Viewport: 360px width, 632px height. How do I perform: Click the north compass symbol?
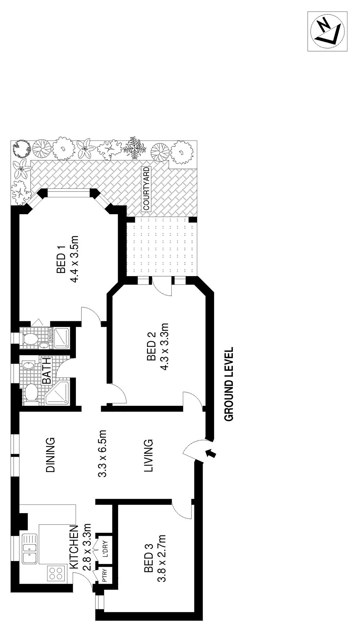point(327,31)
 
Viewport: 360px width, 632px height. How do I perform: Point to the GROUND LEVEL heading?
point(229,384)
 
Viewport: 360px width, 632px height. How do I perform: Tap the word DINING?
point(50,455)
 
